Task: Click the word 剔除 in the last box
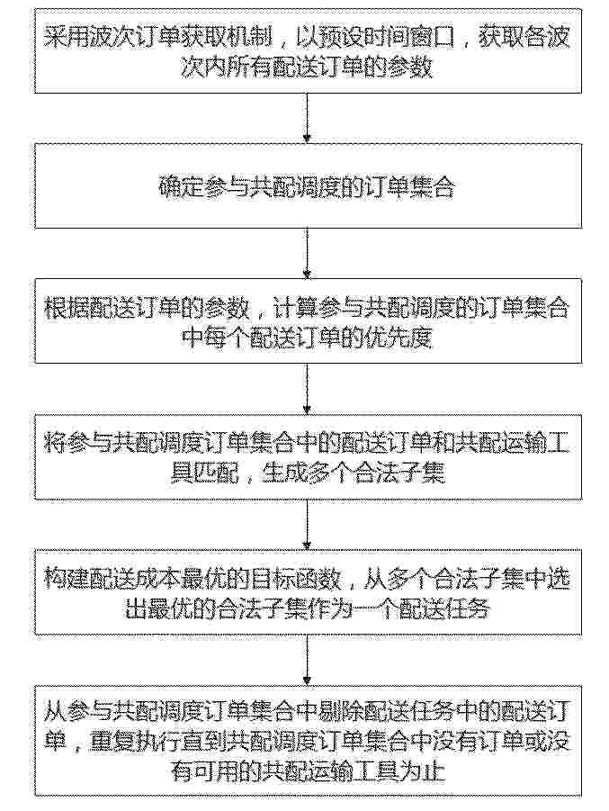pyautogui.click(x=341, y=713)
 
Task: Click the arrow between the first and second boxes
pyautogui.click(x=307, y=117)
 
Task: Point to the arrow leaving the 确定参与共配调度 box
pyautogui.click(x=307, y=253)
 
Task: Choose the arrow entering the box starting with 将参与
pyautogui.click(x=307, y=389)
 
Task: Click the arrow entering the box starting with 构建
pyautogui.click(x=307, y=524)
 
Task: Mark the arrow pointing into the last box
pyautogui.click(x=307, y=660)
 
